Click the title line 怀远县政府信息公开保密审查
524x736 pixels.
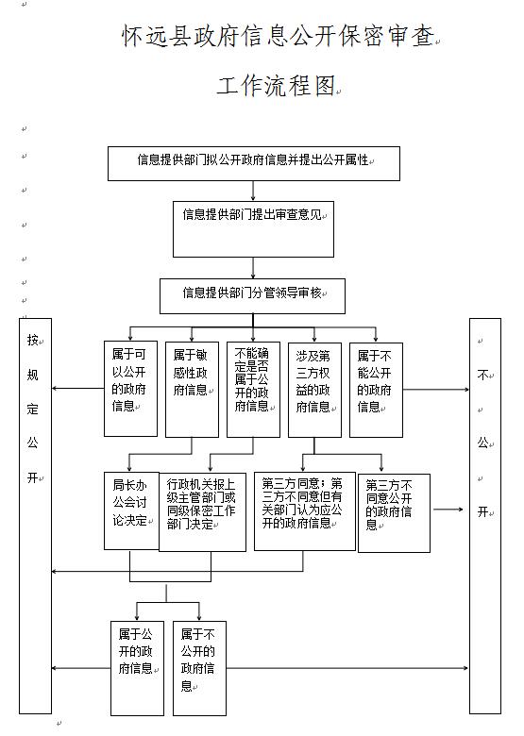tap(278, 36)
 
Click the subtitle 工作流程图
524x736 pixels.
tap(276, 86)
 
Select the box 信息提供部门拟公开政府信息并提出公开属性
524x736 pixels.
tap(254, 163)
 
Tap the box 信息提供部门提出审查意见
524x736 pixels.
tap(253, 229)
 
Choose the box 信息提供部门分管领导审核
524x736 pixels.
tap(252, 296)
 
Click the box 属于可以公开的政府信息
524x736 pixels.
tap(130, 389)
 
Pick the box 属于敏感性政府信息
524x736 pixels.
tap(192, 390)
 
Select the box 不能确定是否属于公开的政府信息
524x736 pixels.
tap(253, 390)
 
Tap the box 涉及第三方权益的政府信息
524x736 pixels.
tap(314, 390)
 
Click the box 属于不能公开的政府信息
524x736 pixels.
tap(376, 390)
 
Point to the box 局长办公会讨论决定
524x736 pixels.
tap(131, 510)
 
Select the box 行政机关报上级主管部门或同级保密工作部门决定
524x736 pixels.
tap(202, 511)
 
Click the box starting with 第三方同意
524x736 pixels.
tap(305, 511)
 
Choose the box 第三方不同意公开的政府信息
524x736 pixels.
tap(394, 513)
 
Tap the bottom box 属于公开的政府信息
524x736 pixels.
tap(137, 668)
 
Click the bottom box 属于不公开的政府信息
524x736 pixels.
tap(199, 668)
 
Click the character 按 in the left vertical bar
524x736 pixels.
tap(32, 340)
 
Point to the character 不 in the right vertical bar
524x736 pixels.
tap(483, 375)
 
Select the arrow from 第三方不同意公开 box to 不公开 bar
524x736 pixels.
tap(448, 510)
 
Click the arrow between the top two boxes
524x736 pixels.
tap(254, 191)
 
